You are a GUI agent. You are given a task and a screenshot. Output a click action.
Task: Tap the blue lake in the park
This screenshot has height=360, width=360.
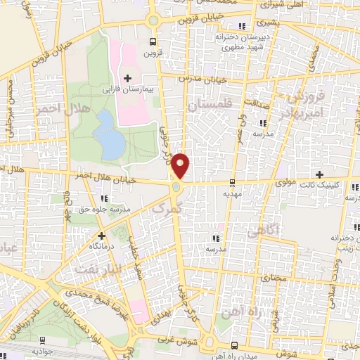(110, 134)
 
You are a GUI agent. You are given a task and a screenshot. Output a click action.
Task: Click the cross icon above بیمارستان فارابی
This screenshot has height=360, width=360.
(127, 77)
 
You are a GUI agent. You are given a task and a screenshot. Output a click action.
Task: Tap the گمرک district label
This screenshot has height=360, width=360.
(167, 207)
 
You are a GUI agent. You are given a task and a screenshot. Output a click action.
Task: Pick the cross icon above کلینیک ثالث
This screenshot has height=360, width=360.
(319, 174)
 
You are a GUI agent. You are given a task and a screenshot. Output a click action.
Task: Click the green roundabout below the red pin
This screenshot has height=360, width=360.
(175, 187)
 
